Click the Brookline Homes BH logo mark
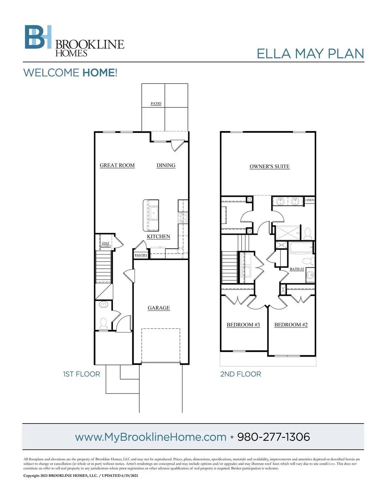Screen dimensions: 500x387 [38, 37]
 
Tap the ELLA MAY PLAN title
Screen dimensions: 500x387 [310, 54]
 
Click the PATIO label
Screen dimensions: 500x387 [156, 104]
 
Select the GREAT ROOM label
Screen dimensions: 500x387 [117, 165]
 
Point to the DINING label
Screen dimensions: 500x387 [166, 165]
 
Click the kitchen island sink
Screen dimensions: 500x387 [154, 215]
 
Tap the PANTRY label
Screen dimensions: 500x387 [141, 255]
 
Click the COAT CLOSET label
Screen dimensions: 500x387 [106, 244]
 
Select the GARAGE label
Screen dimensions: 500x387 [159, 308]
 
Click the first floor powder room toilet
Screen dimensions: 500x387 [103, 323]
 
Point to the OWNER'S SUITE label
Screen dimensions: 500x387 [269, 167]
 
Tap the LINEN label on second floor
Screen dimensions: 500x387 [310, 200]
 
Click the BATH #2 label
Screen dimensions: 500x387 [297, 269]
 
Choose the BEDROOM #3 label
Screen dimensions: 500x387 [243, 325]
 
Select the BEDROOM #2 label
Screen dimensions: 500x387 [291, 325]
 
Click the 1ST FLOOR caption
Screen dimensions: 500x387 [82, 374]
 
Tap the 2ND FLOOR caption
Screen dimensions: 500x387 [241, 374]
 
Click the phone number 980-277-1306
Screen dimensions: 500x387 [273, 437]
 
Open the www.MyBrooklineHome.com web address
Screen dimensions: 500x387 [151, 437]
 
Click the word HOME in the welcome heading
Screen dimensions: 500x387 [98, 73]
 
